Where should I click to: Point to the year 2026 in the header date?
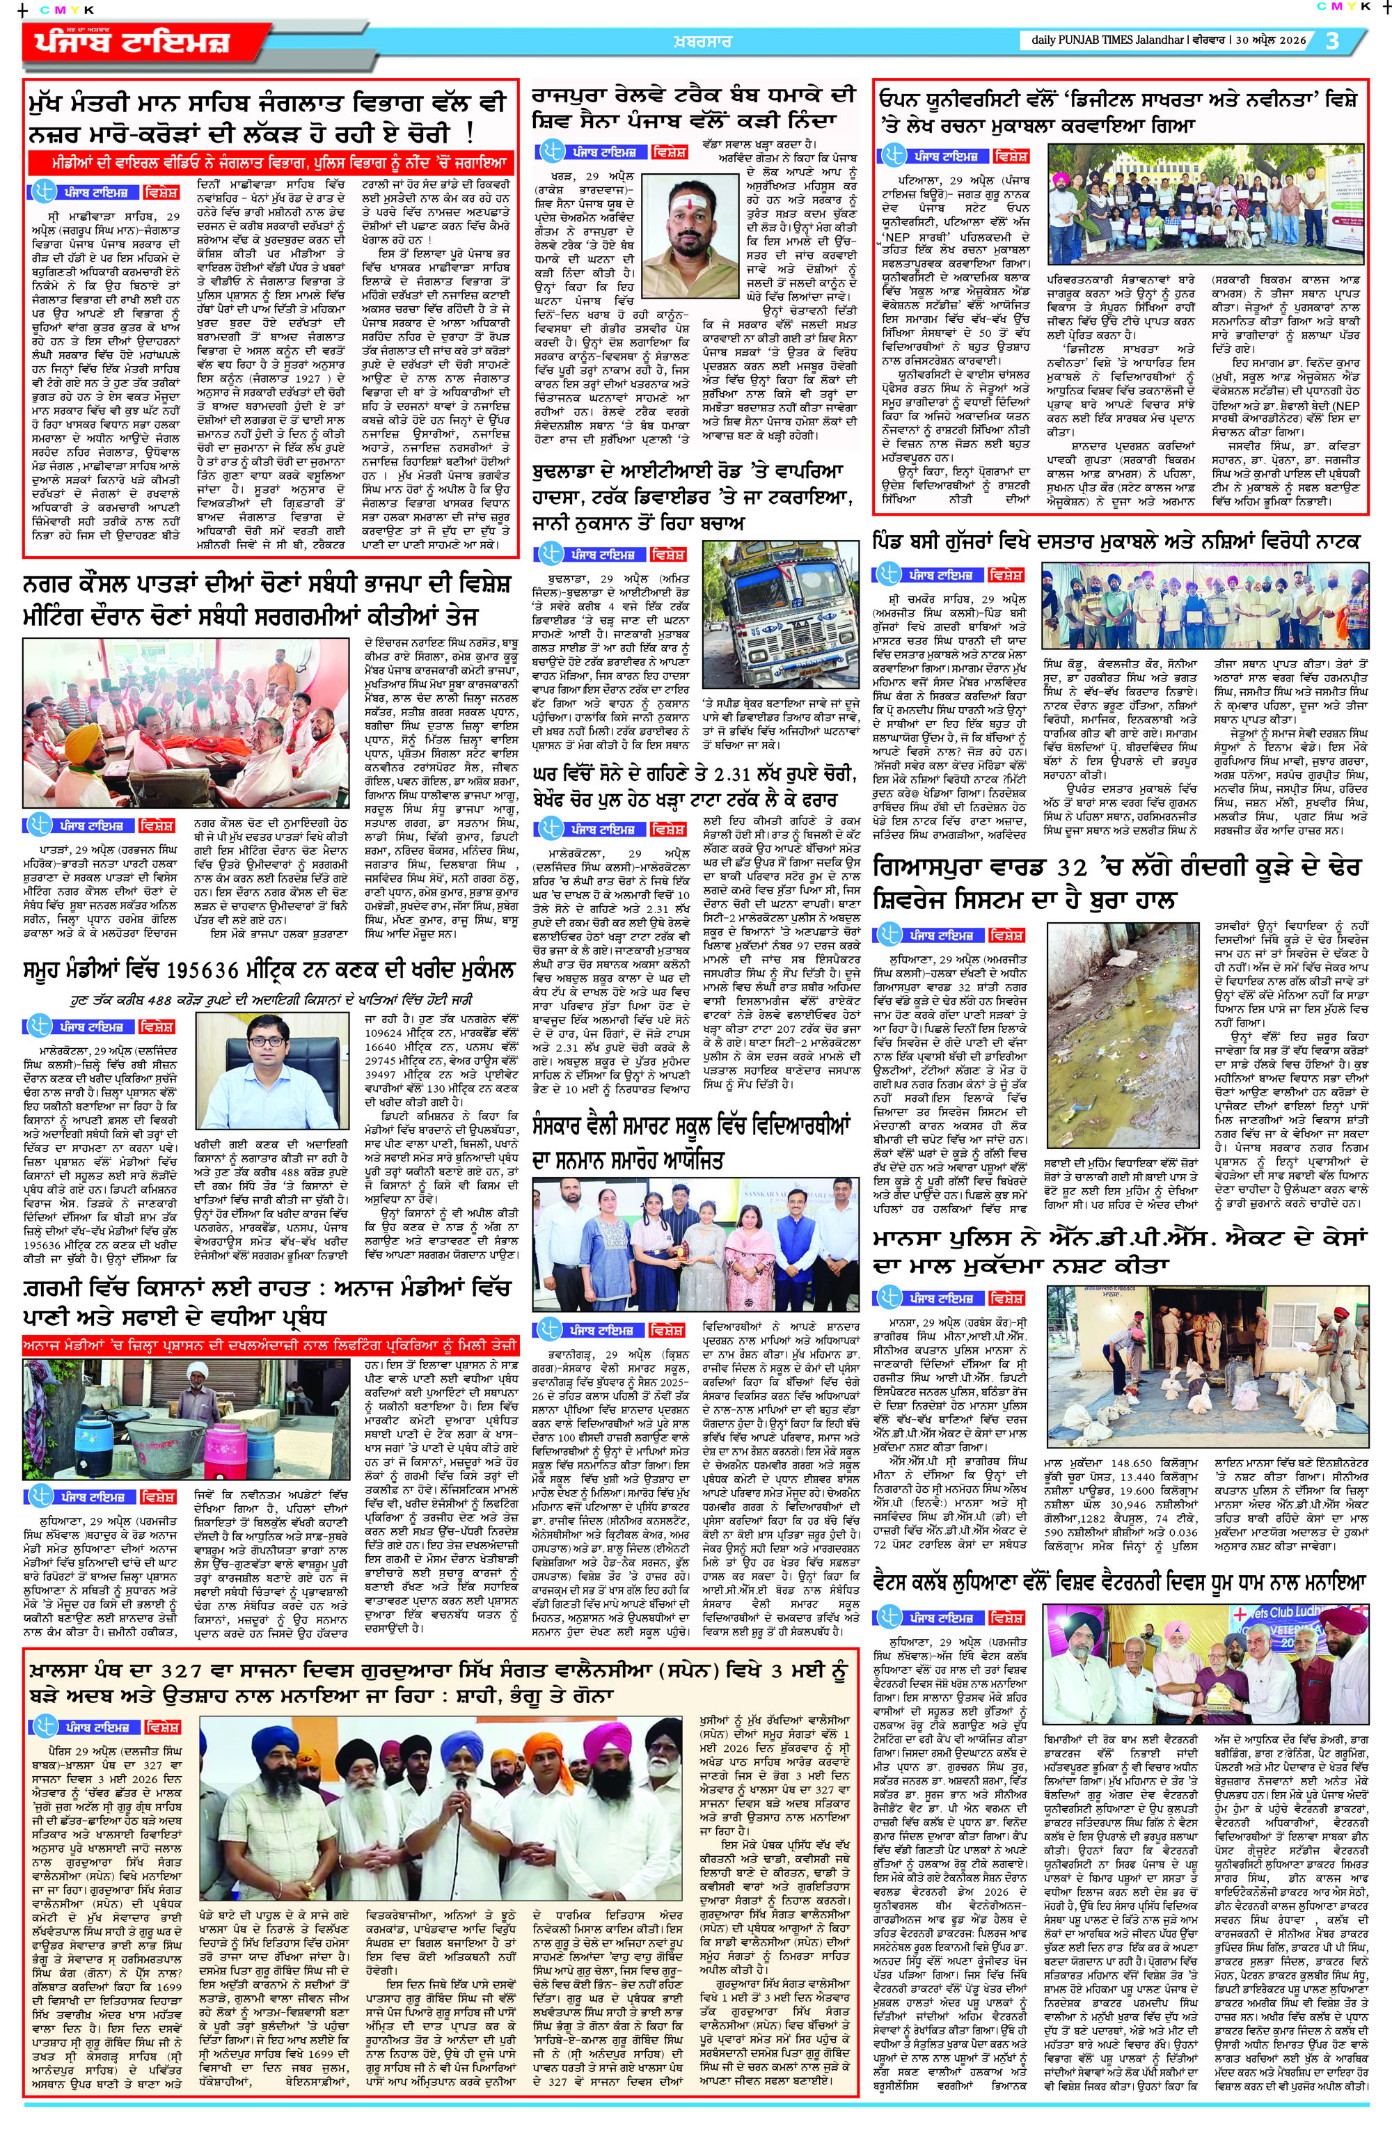[x=1286, y=40]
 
